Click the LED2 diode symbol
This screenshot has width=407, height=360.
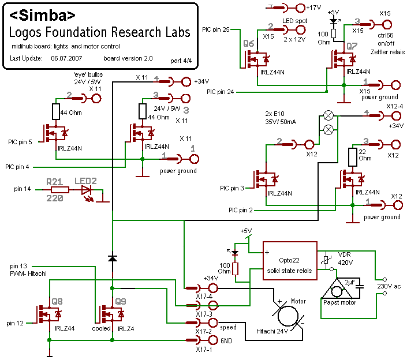[86, 189]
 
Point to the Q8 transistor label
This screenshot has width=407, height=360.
[57, 301]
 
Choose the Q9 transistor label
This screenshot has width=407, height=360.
[121, 301]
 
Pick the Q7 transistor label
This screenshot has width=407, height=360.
[352, 44]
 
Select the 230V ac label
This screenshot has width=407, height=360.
[389, 286]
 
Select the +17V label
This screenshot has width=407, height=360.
[314, 7]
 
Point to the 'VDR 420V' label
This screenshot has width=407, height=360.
[345, 258]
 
